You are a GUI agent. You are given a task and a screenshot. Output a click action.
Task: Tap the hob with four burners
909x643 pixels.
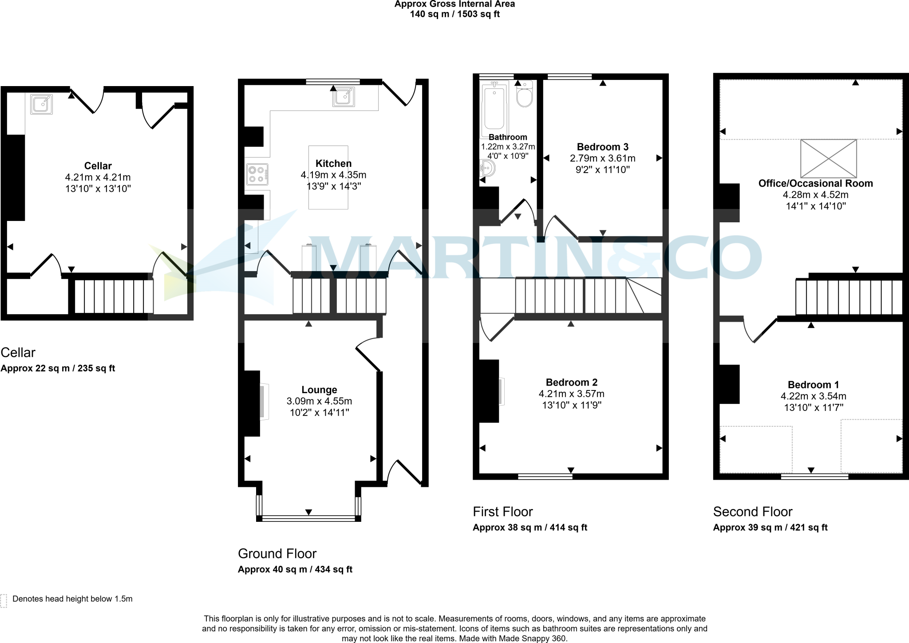pyautogui.click(x=257, y=174)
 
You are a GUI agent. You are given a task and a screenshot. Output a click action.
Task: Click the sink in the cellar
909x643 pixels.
pyautogui.click(x=41, y=104)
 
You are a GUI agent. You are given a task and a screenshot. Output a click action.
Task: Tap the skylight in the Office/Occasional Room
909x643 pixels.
pyautogui.click(x=828, y=158)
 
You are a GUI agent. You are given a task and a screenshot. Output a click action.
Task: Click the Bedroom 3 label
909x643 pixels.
pyautogui.click(x=602, y=147)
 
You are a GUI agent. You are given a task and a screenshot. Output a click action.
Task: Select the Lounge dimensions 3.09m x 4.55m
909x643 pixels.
pyautogui.click(x=319, y=401)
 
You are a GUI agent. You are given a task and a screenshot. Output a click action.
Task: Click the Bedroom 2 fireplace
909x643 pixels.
pyautogui.click(x=501, y=391)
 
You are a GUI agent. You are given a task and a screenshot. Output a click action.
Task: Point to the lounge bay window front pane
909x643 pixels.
pyautogui.click(x=308, y=517)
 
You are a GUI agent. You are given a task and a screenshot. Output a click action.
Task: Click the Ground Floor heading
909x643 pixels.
pyautogui.click(x=277, y=553)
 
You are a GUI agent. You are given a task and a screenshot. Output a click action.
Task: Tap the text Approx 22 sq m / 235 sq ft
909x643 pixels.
pyautogui.click(x=58, y=368)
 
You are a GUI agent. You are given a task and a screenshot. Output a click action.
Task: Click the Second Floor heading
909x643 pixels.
pyautogui.click(x=752, y=512)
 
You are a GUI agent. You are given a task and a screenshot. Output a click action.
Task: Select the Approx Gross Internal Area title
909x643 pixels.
pyautogui.click(x=454, y=4)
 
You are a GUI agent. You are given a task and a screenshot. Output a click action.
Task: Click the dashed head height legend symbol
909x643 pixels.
pyautogui.click(x=4, y=600)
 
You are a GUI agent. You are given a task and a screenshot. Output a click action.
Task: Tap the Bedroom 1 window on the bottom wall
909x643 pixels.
pyautogui.click(x=814, y=477)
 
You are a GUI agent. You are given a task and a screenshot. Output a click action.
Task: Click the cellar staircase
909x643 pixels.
pyautogui.click(x=114, y=296)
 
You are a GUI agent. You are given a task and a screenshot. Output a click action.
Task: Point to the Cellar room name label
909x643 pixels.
pyautogui.click(x=98, y=166)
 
